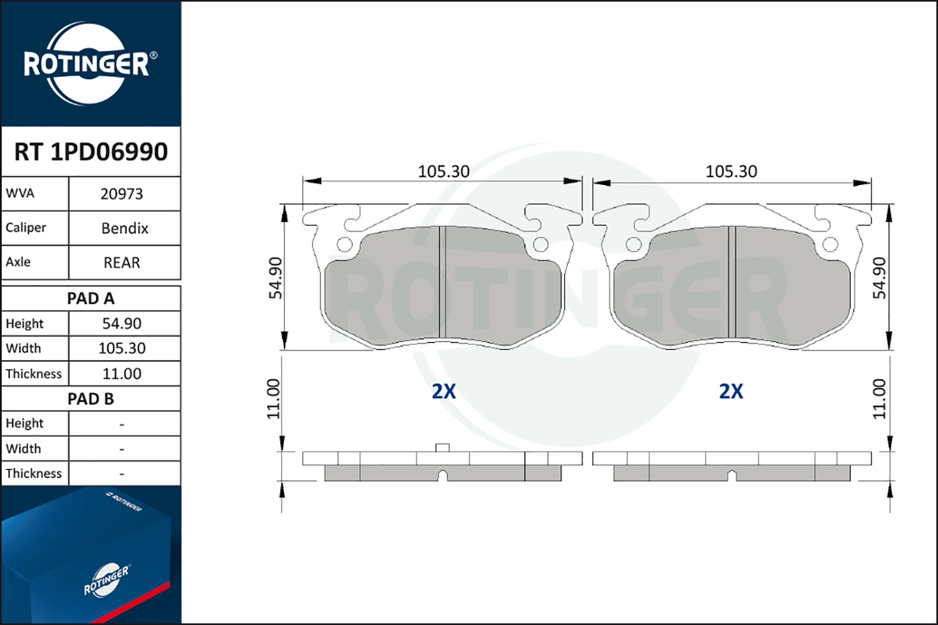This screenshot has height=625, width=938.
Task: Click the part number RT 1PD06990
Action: [x=91, y=151]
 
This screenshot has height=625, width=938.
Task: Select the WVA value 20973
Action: [x=122, y=194]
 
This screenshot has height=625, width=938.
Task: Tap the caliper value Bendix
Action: [x=125, y=229]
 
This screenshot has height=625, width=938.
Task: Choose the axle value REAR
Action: [x=122, y=263]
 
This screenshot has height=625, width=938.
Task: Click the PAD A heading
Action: [x=91, y=299]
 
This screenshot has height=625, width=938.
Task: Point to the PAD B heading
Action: [x=91, y=399]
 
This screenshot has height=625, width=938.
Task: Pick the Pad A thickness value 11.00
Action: [x=122, y=373]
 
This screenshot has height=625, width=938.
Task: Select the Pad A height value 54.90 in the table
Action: [x=122, y=324]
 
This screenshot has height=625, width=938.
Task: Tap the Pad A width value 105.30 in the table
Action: [x=122, y=348]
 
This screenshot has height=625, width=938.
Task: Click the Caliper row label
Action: [x=26, y=227]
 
